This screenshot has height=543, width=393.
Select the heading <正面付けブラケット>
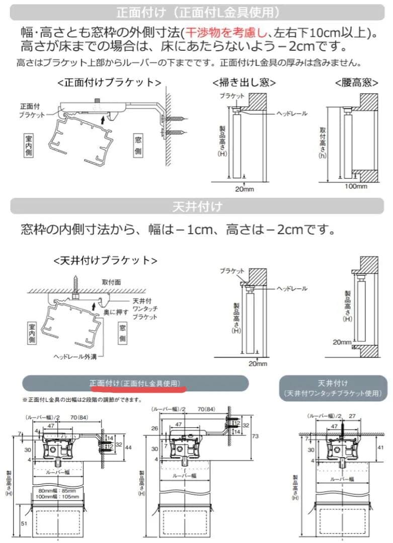coord(109,82)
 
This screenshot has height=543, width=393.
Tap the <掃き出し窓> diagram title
coord(244,82)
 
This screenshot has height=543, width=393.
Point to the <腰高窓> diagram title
coord(356,82)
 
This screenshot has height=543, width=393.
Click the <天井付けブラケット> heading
coord(105,260)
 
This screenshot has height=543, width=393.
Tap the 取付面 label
coord(111,282)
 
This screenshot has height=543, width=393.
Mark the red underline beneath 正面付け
coord(137,389)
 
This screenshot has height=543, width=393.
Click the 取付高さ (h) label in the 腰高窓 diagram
coord(322,143)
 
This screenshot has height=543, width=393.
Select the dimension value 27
coord(353,416)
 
